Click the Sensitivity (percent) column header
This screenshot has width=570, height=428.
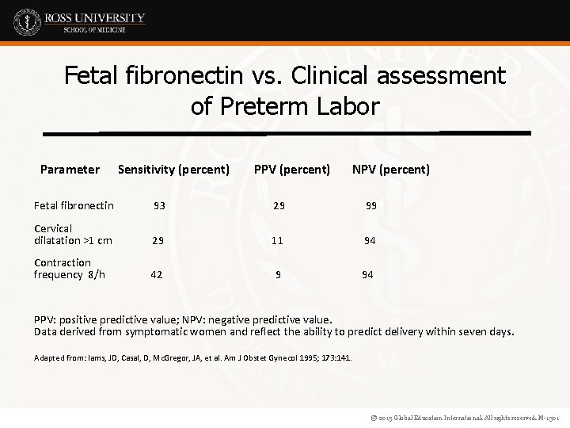[173, 169]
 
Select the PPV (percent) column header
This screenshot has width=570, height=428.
[292, 169]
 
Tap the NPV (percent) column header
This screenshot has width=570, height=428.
[391, 169]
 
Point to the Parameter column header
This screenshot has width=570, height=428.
[70, 169]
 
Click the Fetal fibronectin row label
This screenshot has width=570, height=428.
[74, 206]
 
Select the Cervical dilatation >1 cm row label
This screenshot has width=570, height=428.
[73, 235]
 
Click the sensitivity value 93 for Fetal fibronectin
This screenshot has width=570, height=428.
[159, 206]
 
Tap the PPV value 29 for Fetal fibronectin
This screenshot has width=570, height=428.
[278, 206]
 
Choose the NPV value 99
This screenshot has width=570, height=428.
[370, 206]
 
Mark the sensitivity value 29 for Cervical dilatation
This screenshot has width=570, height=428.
[158, 240]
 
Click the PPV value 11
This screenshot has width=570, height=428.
[277, 240]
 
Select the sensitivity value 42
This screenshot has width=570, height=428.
[157, 275]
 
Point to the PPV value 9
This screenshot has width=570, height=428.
[278, 275]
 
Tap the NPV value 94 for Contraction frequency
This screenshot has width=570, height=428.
[368, 275]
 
